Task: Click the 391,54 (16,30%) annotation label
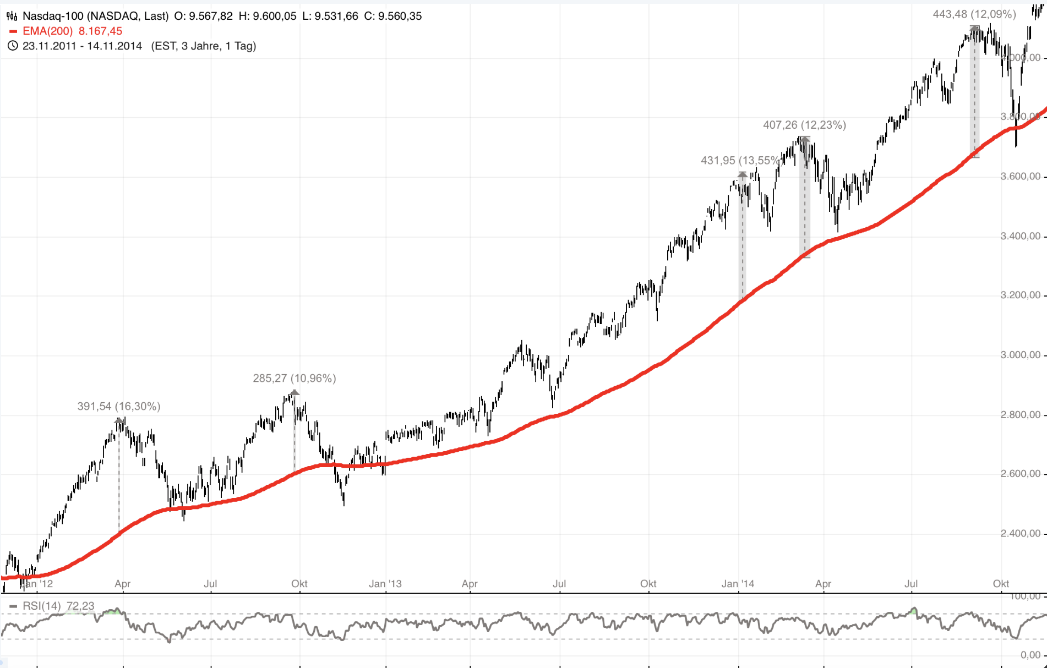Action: coord(118,407)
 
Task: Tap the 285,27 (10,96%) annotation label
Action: coord(294,379)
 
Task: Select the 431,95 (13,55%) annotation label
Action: coord(740,161)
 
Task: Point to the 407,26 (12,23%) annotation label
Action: coord(804,125)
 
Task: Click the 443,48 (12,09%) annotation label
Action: coord(974,14)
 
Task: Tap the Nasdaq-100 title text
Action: coord(95,16)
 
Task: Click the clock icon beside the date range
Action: coord(13,46)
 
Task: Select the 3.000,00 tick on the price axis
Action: coord(1020,355)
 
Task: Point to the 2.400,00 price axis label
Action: coord(1020,533)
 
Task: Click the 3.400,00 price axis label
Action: coord(1020,236)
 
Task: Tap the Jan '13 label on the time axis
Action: coord(385,584)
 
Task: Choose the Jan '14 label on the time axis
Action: coord(738,584)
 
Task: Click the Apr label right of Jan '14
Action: coord(823,584)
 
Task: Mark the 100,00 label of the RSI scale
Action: coord(1026,596)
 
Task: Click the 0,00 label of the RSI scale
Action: coord(1030,655)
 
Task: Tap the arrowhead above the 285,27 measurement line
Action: coord(295,393)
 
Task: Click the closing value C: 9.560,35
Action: coord(392,16)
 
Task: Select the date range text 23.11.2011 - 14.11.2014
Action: coord(82,46)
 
